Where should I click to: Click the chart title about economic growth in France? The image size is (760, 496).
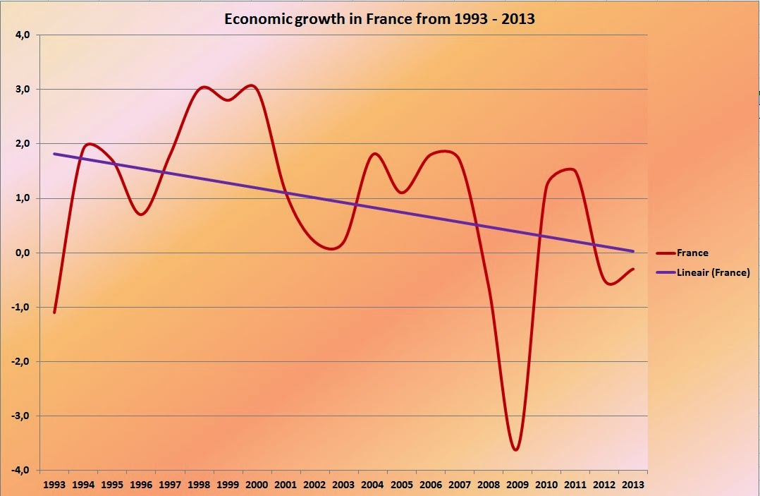(379, 19)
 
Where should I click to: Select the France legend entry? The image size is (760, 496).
(692, 253)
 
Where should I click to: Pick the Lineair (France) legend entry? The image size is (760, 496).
(712, 272)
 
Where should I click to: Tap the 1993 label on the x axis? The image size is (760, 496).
(54, 485)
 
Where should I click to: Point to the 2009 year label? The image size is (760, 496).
(517, 485)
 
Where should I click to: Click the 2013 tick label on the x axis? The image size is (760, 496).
(632, 485)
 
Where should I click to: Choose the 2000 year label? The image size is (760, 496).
(257, 485)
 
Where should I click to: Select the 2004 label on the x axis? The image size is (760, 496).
(372, 485)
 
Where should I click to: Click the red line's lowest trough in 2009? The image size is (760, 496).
(516, 449)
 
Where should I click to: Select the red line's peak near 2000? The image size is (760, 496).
(252, 85)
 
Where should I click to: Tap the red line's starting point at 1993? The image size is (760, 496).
(54, 312)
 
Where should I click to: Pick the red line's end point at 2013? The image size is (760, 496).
(633, 269)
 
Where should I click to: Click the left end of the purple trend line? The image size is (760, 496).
(54, 154)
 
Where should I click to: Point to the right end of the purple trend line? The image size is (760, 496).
(633, 251)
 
